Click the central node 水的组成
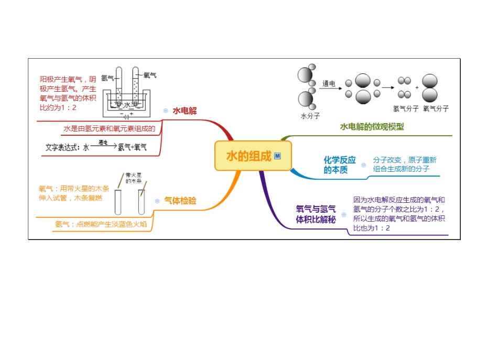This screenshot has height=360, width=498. [249, 156]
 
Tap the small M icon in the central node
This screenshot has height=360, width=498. [277, 156]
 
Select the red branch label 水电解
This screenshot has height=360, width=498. [185, 111]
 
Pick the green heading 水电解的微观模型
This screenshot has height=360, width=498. [372, 127]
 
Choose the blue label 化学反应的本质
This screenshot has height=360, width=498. [339, 165]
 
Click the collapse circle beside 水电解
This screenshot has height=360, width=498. [166, 111]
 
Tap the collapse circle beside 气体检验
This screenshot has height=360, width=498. [157, 201]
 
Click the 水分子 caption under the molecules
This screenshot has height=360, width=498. [310, 116]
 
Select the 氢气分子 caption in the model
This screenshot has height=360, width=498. [405, 109]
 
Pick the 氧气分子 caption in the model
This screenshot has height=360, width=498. [436, 109]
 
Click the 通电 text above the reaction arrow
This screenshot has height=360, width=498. [328, 83]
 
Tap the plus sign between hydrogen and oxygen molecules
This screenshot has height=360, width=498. [417, 88]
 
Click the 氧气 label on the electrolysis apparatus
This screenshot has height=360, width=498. [150, 75]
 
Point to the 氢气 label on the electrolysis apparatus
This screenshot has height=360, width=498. [107, 78]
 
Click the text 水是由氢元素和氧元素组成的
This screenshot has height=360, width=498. [110, 128]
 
